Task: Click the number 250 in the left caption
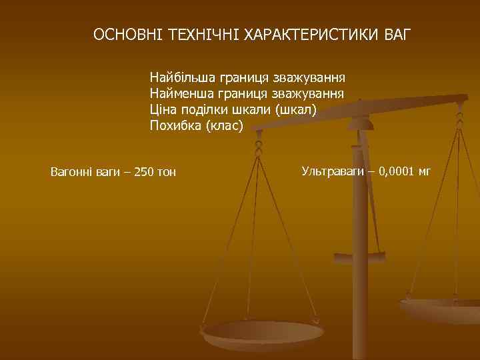pos(145,172)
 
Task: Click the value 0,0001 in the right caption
pos(397,171)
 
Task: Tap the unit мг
pos(425,171)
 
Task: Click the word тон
pos(167,172)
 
